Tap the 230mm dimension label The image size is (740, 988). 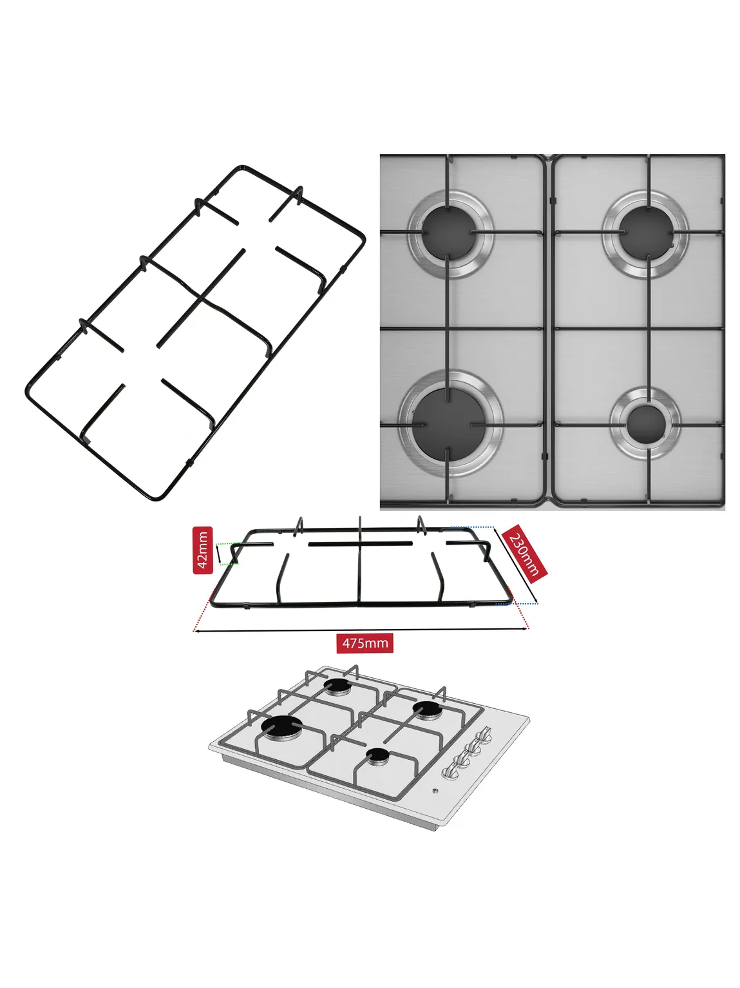[524, 554]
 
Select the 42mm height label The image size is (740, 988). [202, 550]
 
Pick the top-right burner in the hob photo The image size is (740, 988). [645, 233]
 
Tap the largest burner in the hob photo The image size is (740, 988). [450, 423]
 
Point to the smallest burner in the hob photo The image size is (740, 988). [645, 423]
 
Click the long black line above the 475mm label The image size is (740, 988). [361, 630]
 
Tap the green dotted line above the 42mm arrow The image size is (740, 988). [228, 543]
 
